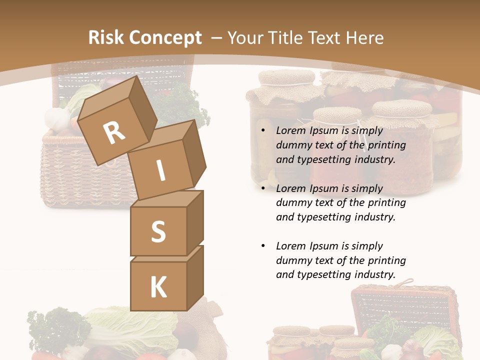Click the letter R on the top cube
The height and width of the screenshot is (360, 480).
click(114, 133)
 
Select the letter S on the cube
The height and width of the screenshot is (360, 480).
click(158, 231)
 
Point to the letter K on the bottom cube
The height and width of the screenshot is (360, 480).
click(158, 287)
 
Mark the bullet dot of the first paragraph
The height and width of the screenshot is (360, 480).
click(263, 131)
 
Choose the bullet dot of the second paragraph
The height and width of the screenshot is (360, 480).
click(263, 189)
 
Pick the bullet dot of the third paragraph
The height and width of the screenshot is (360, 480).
click(263, 246)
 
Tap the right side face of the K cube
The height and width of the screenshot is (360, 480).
click(195, 277)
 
